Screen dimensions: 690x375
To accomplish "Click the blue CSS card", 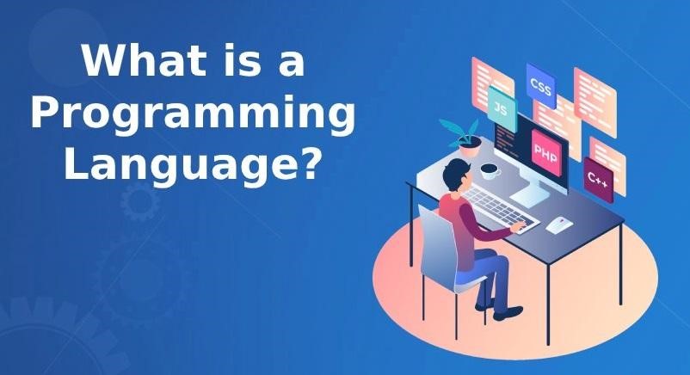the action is (541, 86).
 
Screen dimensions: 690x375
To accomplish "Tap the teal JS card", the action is (502, 108).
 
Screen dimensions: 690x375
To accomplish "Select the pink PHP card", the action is (546, 153).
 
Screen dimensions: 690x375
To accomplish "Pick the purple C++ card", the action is (599, 180).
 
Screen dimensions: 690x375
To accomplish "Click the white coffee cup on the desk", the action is (490, 171).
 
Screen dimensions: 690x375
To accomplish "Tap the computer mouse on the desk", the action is (559, 224).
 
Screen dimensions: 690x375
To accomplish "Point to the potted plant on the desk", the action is (463, 138).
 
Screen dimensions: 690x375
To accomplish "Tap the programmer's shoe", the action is (508, 313).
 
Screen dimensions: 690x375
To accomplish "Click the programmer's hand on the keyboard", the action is (519, 228).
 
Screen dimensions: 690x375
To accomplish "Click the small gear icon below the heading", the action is (140, 201).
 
